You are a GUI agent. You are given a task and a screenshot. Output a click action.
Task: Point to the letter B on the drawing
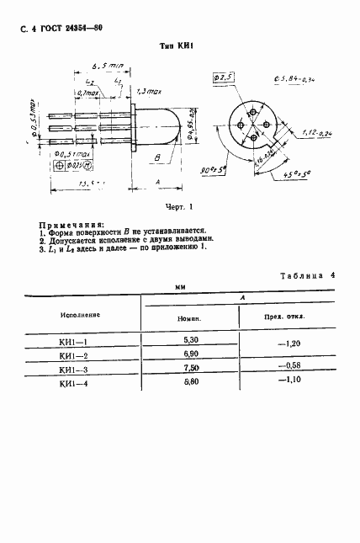157,158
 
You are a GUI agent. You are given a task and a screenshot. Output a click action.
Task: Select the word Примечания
71,225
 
